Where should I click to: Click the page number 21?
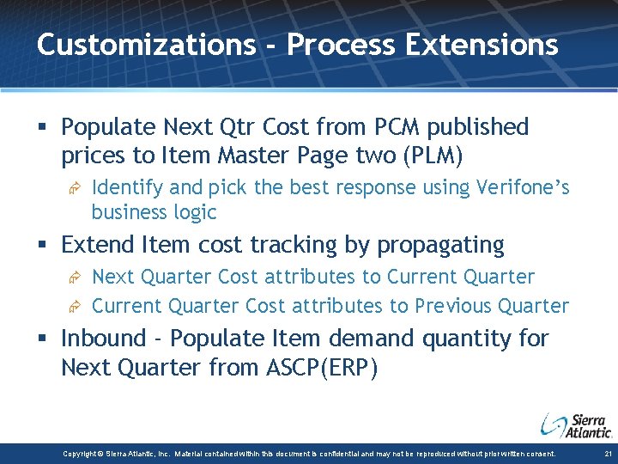point(607,454)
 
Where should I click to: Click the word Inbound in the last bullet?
point(104,339)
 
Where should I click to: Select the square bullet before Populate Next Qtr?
point(45,128)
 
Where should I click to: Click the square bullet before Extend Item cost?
point(45,246)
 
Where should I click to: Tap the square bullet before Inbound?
point(45,339)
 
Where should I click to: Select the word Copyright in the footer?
point(82,454)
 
